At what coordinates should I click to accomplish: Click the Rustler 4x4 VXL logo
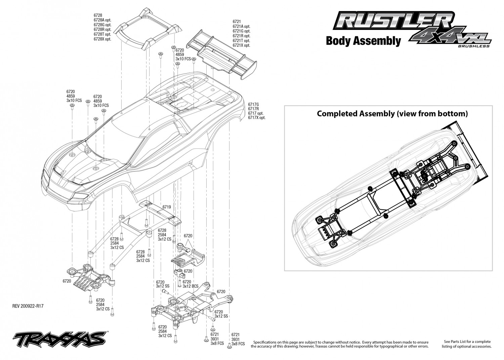412,29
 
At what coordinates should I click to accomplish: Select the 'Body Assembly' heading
363,41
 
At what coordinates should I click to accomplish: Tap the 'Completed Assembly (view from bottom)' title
392,114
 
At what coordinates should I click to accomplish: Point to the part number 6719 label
167,207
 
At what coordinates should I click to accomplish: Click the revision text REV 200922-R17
28,306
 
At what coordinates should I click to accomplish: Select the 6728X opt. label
102,39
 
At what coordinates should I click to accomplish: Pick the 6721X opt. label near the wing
242,45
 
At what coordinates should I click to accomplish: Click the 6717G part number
253,105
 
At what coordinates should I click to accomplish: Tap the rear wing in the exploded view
222,55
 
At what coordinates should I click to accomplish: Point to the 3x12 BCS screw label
191,286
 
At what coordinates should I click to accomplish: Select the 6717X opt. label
257,118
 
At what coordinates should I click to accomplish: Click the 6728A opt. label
102,20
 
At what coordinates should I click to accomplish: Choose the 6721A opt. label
242,26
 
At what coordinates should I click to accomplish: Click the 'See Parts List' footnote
467,344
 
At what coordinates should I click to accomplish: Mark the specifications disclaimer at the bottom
340,344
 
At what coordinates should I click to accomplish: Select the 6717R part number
253,109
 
